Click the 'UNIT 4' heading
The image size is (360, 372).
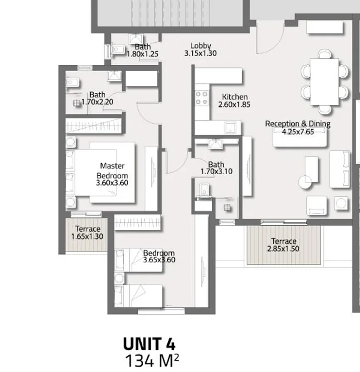(x=149, y=344)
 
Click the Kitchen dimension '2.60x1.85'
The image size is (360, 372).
(x=234, y=104)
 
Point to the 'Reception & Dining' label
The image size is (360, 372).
(x=298, y=124)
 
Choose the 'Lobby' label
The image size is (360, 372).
(x=201, y=46)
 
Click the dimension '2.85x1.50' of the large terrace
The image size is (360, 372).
(x=284, y=249)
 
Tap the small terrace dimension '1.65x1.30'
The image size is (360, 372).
(x=87, y=237)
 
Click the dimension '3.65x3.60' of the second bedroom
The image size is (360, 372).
(x=159, y=260)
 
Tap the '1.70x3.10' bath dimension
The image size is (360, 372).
(x=216, y=171)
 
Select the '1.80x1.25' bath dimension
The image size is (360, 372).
(x=143, y=54)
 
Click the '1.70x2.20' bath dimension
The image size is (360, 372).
(x=97, y=102)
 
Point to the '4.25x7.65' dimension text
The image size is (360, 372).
(x=298, y=131)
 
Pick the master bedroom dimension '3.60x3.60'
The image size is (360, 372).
(x=112, y=183)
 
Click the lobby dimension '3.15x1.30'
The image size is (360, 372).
(x=201, y=53)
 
